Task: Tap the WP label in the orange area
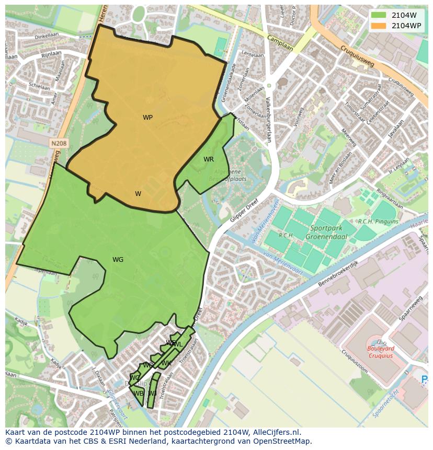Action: (148, 118)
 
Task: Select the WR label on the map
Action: (209, 159)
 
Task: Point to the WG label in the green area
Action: (118, 260)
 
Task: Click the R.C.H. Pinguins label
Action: (378, 222)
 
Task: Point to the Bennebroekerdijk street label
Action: (338, 273)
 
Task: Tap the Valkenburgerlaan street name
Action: (268, 120)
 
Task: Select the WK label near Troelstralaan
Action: (166, 363)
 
